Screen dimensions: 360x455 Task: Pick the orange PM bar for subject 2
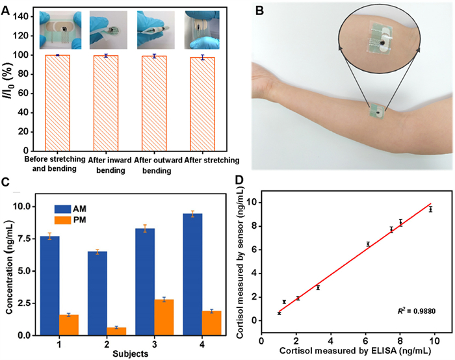(116, 331)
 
